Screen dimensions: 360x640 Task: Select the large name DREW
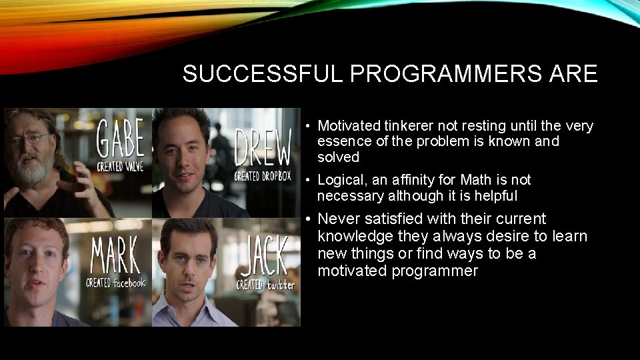(263, 147)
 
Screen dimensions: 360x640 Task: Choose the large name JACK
(265, 257)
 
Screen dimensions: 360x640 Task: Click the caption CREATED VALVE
(120, 167)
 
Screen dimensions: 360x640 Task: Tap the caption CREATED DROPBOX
(263, 176)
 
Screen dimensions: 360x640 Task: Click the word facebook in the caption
(128, 283)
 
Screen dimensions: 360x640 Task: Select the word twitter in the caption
(280, 285)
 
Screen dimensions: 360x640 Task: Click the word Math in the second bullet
(475, 180)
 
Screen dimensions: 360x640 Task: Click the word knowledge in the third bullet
(355, 236)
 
